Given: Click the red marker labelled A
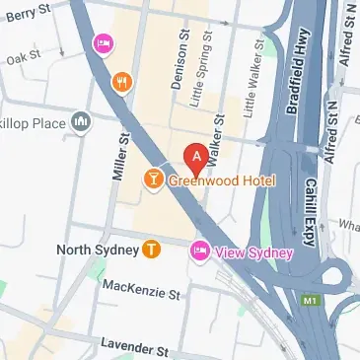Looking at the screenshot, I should [196, 156].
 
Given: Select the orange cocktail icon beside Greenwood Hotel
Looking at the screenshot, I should [154, 179].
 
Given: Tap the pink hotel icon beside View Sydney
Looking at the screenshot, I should [200, 252].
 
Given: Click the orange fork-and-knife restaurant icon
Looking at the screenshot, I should [122, 84].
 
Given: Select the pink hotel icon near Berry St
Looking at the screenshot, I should [102, 44].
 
